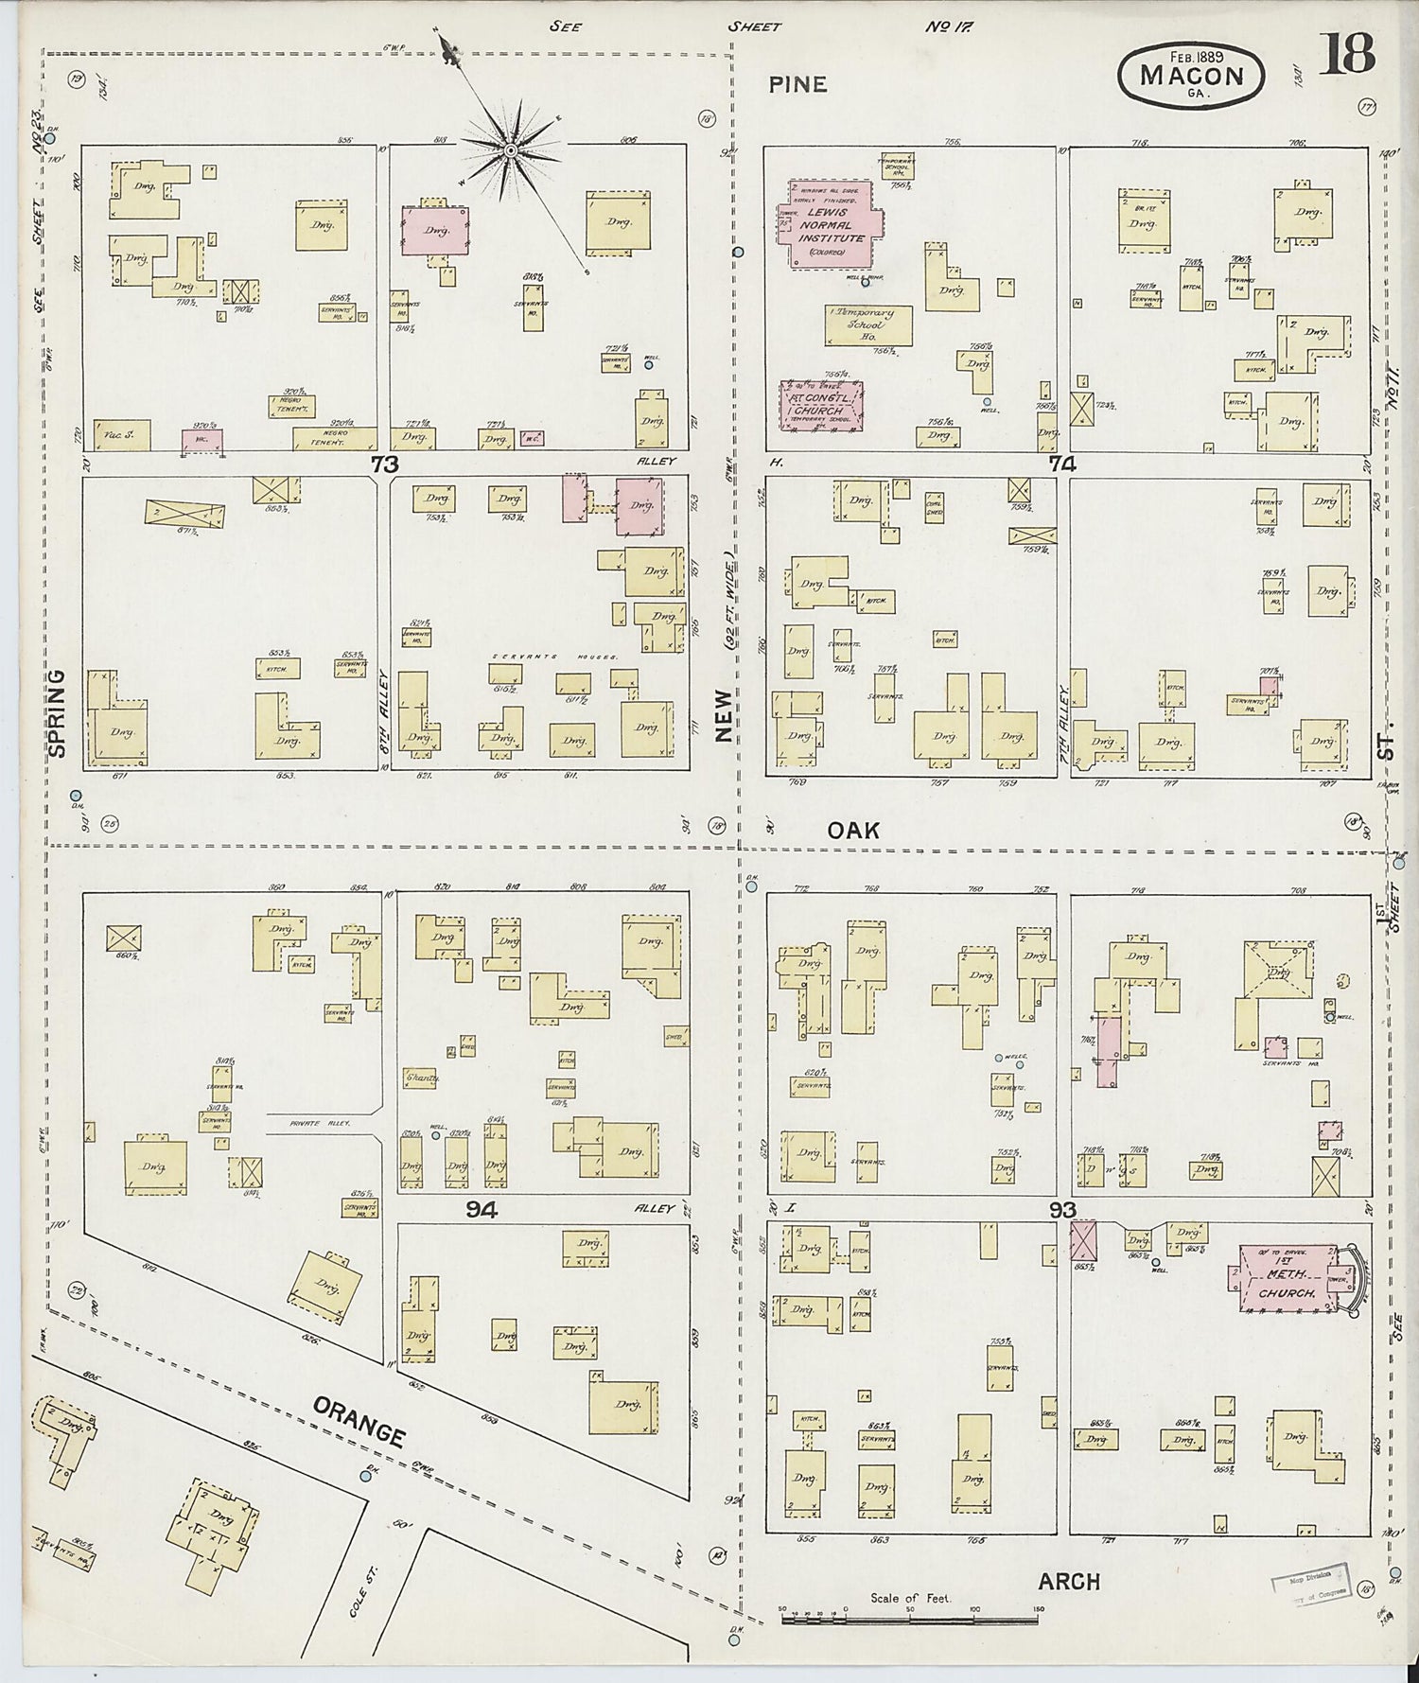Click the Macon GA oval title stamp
point(1191,74)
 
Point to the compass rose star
point(511,150)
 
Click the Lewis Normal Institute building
point(831,225)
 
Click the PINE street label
point(797,84)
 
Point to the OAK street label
point(853,831)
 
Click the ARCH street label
point(1069,1581)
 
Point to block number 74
point(1061,464)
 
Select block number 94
point(482,1209)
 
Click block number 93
point(1062,1209)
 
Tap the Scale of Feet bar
point(908,1619)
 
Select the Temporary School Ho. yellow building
point(868,326)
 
